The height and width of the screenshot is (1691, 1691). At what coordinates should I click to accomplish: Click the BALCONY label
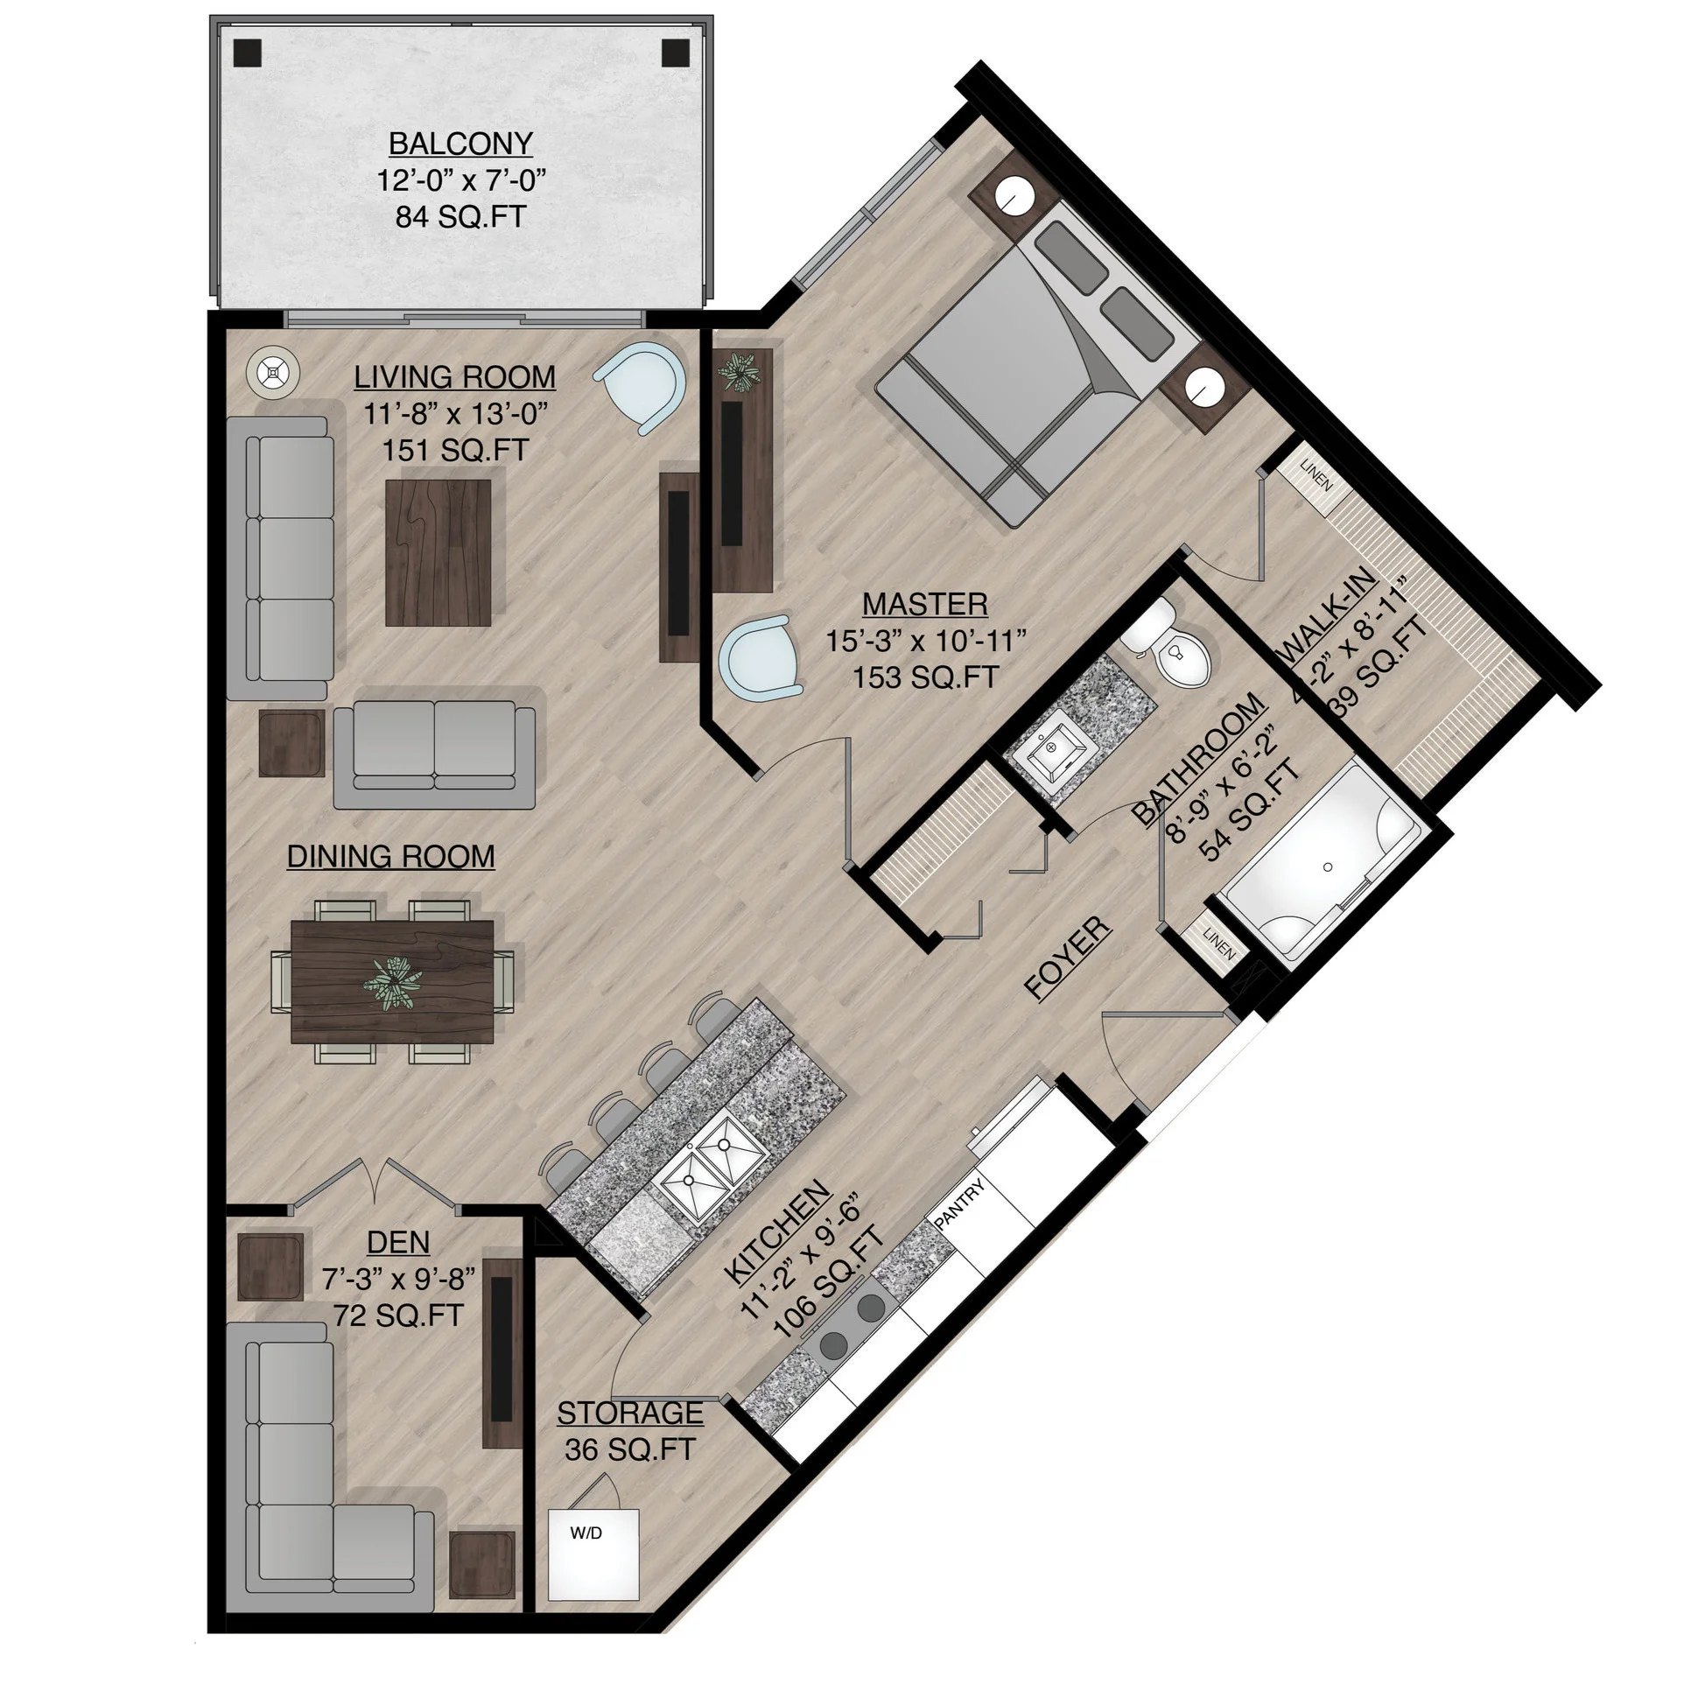pyautogui.click(x=460, y=143)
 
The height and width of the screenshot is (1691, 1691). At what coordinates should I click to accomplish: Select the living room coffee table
pyautogui.click(x=439, y=552)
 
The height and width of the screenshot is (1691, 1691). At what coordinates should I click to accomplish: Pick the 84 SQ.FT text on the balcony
pyautogui.click(x=460, y=217)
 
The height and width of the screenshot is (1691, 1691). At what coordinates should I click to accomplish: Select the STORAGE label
pyautogui.click(x=629, y=1413)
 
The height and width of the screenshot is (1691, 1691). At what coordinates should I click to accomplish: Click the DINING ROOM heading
pyautogui.click(x=390, y=856)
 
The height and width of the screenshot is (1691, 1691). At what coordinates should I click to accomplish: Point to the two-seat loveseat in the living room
pyautogui.click(x=434, y=754)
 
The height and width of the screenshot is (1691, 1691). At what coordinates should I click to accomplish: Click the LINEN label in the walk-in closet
pyautogui.click(x=1316, y=474)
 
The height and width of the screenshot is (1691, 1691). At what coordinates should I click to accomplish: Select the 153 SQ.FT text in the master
pyautogui.click(x=925, y=677)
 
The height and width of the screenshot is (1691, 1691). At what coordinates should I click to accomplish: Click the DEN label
pyautogui.click(x=398, y=1242)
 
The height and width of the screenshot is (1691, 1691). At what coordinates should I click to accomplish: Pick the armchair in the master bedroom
pyautogui.click(x=758, y=657)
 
